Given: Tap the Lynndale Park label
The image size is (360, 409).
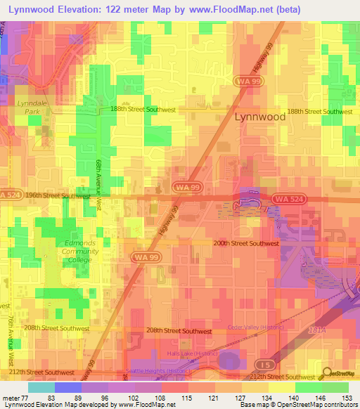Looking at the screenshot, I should (x=28, y=106).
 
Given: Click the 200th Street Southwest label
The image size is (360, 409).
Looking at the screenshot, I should (x=245, y=243).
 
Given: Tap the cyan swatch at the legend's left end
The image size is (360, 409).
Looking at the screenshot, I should (x=41, y=387).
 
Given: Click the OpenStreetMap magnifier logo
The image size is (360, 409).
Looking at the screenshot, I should (x=328, y=373).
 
